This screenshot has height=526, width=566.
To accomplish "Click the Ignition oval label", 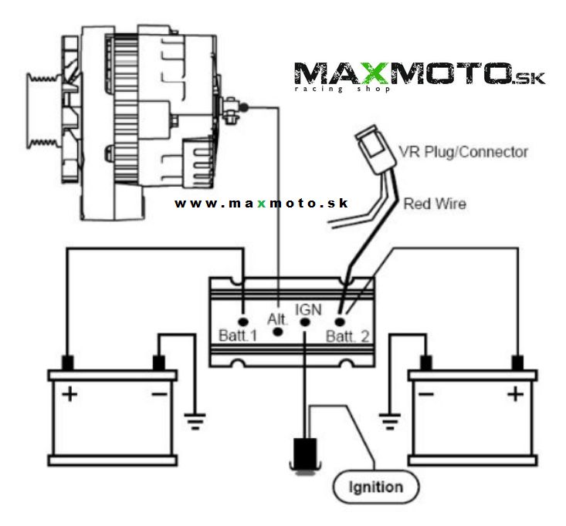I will pos(377,487).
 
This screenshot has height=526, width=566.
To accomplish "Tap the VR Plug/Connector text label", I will pos(463,151).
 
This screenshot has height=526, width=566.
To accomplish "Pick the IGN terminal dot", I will pos(306,321).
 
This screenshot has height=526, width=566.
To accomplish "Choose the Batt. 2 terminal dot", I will pos(339,319).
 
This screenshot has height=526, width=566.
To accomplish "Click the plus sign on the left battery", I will pos(69,395).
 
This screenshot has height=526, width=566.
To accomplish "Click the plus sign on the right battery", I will pos(514,395).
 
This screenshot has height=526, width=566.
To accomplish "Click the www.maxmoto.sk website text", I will pos(261,204).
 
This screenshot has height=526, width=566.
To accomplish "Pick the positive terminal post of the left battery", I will pos(68,362).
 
